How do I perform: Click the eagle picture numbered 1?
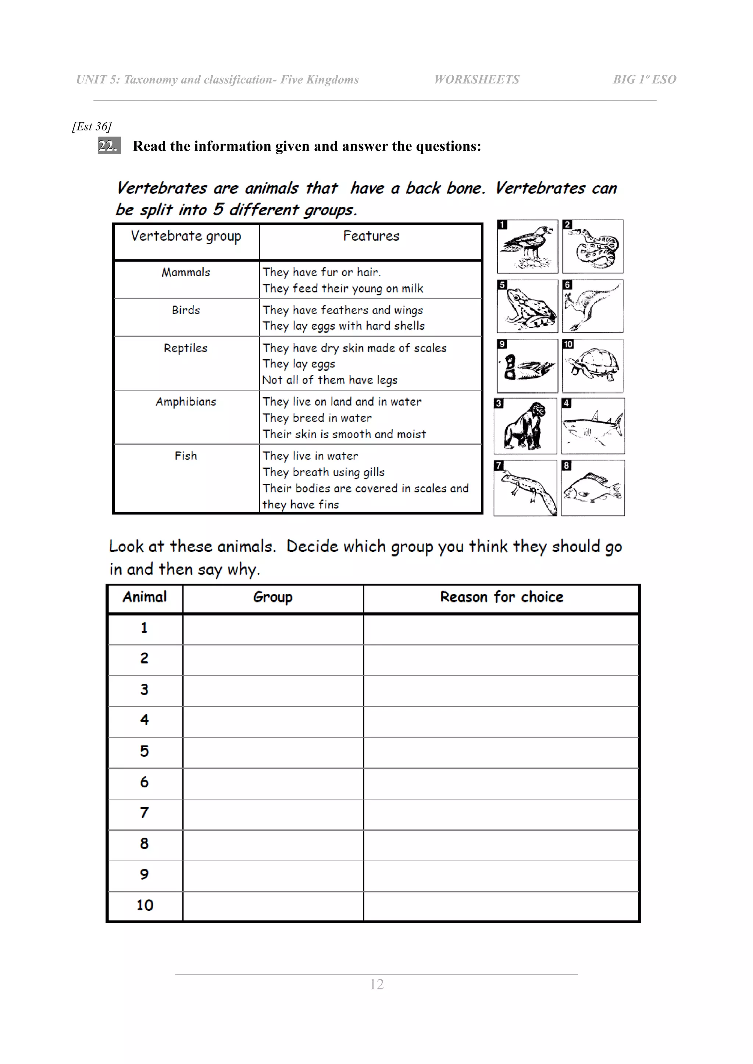point(527,247)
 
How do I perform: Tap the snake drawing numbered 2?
point(593,247)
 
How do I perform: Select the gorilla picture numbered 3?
point(525,426)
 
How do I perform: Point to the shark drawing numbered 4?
point(593,426)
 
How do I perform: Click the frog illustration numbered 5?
point(527,306)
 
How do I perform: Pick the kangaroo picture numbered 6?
point(593,306)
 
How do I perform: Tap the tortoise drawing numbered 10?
point(593,366)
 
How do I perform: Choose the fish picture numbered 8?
point(593,488)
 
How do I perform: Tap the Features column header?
point(371,236)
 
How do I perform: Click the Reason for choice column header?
point(501,597)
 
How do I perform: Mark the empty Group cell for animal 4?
point(273,722)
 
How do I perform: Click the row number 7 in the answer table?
point(144,813)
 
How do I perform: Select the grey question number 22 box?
point(109,145)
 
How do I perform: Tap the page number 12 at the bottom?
point(376,984)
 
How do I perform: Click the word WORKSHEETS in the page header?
point(476,80)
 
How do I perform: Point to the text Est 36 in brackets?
point(92,126)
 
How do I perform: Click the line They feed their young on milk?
point(343,289)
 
